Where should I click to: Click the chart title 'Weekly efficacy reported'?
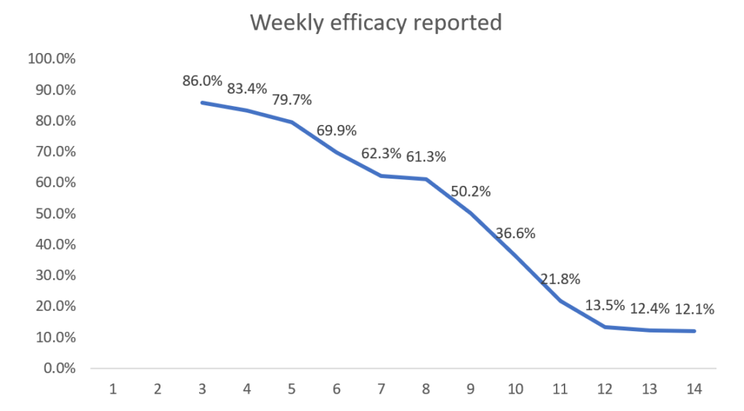point(376,23)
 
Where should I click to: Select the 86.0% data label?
point(202,81)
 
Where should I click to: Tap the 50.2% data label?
point(470,192)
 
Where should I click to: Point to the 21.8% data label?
point(560,280)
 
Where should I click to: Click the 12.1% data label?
point(694,309)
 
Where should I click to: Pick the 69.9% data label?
point(336,131)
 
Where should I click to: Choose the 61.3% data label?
point(426,156)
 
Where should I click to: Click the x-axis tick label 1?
point(113,389)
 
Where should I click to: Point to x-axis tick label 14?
point(693,389)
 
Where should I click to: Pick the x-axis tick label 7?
point(381,389)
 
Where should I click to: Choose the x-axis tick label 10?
point(515,389)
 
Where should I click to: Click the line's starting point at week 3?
point(202,102)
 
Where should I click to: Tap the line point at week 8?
point(426,179)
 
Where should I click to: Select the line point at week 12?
point(604,327)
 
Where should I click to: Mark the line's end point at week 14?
point(694,331)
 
